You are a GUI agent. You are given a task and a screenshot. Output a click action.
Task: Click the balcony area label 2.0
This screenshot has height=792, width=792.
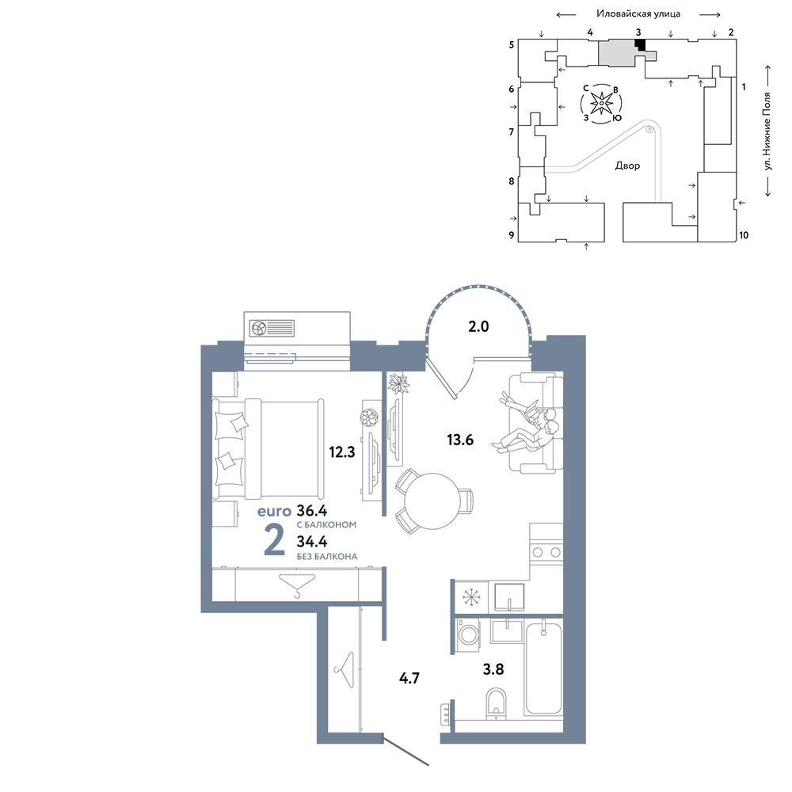(x=478, y=326)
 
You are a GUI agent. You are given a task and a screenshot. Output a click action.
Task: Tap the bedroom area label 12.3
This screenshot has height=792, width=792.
(x=342, y=451)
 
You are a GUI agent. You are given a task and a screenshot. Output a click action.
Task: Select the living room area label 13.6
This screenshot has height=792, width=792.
(x=460, y=440)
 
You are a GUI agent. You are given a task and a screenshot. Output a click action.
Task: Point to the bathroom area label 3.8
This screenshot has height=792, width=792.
(x=493, y=669)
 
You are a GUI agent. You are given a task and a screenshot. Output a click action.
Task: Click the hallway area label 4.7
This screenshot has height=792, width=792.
(x=409, y=678)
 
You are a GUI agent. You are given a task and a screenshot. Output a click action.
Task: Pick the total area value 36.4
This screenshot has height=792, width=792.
(x=311, y=510)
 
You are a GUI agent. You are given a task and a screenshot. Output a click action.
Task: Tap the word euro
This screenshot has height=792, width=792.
(x=274, y=512)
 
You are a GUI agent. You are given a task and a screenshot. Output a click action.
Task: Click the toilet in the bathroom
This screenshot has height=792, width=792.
(x=496, y=703)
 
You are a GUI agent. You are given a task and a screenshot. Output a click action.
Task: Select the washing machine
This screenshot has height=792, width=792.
(x=468, y=632)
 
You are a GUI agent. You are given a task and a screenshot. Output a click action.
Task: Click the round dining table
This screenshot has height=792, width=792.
(x=432, y=501)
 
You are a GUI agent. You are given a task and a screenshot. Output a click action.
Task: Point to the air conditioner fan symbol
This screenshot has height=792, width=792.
(x=259, y=329)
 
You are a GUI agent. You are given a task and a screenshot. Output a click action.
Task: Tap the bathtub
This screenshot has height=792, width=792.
(x=543, y=668)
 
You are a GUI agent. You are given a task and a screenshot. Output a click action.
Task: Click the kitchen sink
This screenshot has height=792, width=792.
(x=509, y=597)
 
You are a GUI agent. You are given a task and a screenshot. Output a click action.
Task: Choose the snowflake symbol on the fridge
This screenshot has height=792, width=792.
(x=470, y=597)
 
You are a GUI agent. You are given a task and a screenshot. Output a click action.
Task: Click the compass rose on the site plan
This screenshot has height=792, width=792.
(x=601, y=104)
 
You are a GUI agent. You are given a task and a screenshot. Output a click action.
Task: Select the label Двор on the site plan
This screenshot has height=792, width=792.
(x=627, y=166)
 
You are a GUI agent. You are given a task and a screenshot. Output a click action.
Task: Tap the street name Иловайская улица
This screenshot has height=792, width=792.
(x=638, y=14)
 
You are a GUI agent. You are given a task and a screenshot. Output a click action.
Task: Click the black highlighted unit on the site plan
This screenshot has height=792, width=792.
(x=640, y=45)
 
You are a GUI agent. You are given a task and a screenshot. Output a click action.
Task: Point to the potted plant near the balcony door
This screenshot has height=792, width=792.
(x=398, y=383)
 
